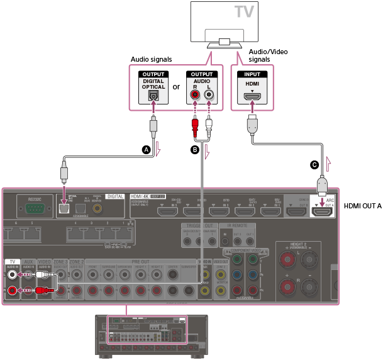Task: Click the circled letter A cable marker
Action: tap(147, 150)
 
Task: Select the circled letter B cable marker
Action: tap(195, 150)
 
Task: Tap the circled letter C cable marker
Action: tap(314, 165)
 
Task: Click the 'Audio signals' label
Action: tap(152, 59)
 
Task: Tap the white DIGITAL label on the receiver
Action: tap(115, 196)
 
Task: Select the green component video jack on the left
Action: tap(236, 258)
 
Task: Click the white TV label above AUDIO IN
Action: tap(12, 261)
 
